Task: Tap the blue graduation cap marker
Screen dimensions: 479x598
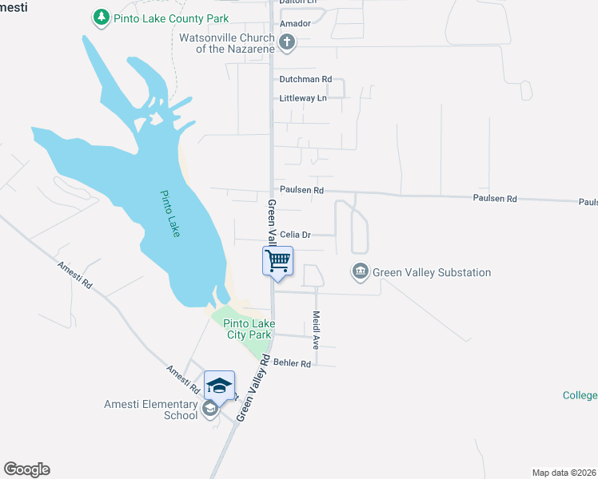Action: coord(219,386)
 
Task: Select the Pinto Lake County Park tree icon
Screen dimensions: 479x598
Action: coord(101,17)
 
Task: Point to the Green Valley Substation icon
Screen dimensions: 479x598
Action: coord(361,272)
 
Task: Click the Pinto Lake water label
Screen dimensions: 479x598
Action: coord(170,213)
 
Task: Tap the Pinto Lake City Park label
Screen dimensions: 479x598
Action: coord(248,329)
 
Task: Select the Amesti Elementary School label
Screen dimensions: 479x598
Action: coord(150,410)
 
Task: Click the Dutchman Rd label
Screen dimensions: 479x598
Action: coord(305,80)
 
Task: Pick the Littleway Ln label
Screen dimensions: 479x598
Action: coord(303,98)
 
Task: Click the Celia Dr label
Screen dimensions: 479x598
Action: coord(295,235)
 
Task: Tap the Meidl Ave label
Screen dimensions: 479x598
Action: coord(316,330)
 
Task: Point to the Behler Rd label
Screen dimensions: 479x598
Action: coord(292,363)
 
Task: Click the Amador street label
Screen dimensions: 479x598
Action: coord(294,24)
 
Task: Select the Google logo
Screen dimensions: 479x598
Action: coord(26,469)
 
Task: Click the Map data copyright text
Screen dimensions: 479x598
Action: coord(564,473)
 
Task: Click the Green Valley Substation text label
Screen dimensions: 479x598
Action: coord(432,272)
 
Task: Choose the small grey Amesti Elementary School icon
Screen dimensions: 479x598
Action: coord(209,410)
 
